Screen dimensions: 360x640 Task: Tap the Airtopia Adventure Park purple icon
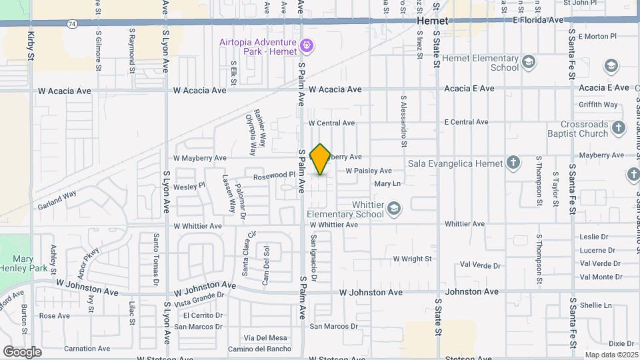coord(307,46)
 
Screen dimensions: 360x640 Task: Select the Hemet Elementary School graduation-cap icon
coord(529,62)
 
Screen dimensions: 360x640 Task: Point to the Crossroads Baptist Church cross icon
coord(618,128)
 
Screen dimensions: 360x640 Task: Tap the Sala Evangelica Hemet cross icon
coord(513,163)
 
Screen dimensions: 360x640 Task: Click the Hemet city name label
coord(433,21)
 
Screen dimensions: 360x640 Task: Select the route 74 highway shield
coord(71,23)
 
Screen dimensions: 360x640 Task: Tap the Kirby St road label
coord(31,45)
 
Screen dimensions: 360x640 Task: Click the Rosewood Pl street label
coord(274,175)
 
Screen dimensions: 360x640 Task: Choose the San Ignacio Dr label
coord(313,257)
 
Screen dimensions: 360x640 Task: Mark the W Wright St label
coord(413,259)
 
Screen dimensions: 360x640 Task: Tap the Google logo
coord(22,352)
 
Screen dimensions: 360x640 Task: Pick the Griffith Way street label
coord(598,105)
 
